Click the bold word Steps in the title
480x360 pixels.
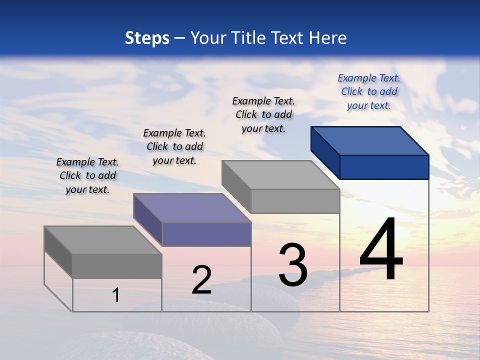click(147, 38)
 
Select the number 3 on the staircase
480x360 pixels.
click(293, 264)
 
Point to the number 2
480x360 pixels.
click(202, 279)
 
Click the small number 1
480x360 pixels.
click(116, 295)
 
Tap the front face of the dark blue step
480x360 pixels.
click(384, 167)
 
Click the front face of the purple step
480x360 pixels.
click(206, 234)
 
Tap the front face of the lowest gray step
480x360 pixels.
click(117, 266)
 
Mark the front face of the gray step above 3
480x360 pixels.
click(295, 201)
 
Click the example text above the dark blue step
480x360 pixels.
click(369, 91)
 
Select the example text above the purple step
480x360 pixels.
click(174, 146)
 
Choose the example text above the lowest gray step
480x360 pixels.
click(87, 175)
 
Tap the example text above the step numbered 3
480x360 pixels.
click(263, 114)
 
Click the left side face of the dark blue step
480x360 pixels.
click(325, 149)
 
